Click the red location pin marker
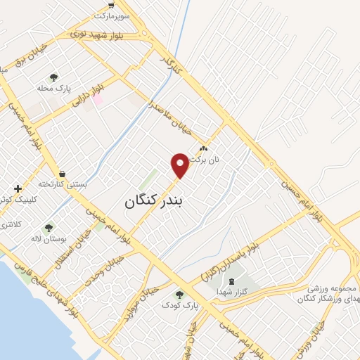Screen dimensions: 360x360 (x=181, y=165)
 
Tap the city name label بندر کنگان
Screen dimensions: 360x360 (x=153, y=200)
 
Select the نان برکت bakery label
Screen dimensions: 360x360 (x=207, y=160)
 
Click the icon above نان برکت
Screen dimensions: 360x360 (x=204, y=148)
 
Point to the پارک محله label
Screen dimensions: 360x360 (x=55, y=89)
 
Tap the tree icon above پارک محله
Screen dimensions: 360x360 (x=54, y=77)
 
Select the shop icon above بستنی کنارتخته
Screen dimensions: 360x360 (x=62, y=173)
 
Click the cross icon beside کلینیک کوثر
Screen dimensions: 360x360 (x=18, y=188)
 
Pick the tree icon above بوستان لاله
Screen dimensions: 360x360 (x=49, y=228)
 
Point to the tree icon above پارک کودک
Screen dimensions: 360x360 (x=179, y=295)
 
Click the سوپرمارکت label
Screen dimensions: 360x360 (x=114, y=13)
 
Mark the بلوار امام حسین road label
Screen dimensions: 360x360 (x=302, y=204)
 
